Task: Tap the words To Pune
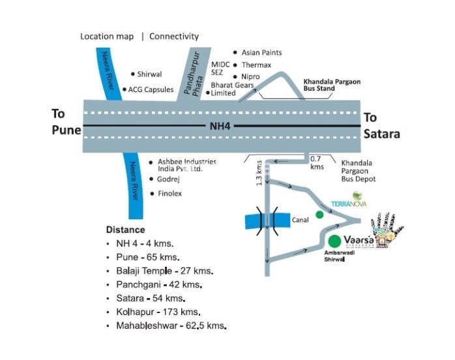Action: click(x=66, y=122)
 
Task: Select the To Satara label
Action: click(x=381, y=126)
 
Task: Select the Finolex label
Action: click(x=169, y=193)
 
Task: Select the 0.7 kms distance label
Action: click(x=317, y=162)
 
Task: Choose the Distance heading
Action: click(x=126, y=230)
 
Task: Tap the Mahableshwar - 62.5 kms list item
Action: click(x=169, y=325)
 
